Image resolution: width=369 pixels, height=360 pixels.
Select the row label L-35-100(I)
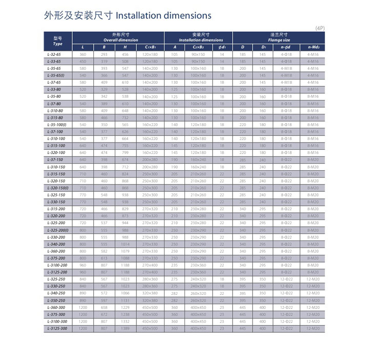(x=57, y=125)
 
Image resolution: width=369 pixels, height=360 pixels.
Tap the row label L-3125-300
(x=57, y=328)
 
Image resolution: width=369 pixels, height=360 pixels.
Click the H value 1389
(x=125, y=328)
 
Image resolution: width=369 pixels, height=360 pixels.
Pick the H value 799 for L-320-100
(x=125, y=152)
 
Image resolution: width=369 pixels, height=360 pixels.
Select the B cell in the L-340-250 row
(x=104, y=293)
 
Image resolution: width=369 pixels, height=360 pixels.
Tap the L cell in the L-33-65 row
(x=83, y=61)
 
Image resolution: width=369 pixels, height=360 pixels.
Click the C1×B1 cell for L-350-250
(x=150, y=301)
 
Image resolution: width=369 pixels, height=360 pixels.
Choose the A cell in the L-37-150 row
(x=174, y=159)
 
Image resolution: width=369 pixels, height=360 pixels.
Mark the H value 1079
(x=125, y=251)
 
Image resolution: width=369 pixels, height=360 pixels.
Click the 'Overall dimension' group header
(x=121, y=39)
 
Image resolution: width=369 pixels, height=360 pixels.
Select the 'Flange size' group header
(x=279, y=39)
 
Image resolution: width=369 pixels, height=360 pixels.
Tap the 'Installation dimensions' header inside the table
(x=201, y=39)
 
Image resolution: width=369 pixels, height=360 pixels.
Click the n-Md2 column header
(x=313, y=47)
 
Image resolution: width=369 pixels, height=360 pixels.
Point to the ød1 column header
(x=222, y=47)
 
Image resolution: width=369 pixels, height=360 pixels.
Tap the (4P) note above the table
(x=319, y=27)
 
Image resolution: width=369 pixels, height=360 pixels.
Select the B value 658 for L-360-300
(x=104, y=307)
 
